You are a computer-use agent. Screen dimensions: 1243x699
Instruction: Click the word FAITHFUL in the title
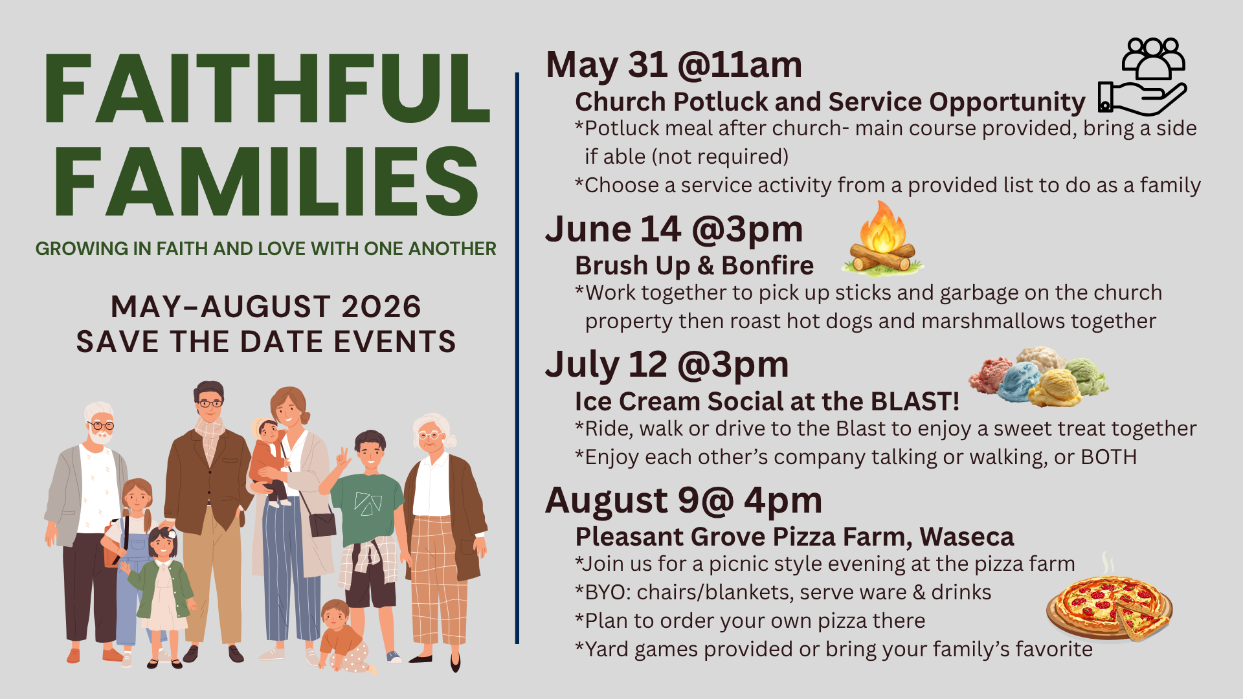coord(266,89)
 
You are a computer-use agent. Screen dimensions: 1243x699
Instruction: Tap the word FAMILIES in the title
coord(266,182)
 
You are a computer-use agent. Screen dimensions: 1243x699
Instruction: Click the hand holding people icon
coord(1143,76)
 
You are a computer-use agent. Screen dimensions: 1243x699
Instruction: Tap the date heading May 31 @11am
coord(674,65)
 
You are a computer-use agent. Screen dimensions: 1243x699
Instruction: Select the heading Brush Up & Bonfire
coord(694,265)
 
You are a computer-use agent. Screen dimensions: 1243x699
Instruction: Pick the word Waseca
coord(967,537)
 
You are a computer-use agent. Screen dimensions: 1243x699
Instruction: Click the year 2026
coord(381,307)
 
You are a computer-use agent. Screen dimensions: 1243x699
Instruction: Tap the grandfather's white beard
coord(100,437)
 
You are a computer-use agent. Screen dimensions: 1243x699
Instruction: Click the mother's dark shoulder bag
coord(322,523)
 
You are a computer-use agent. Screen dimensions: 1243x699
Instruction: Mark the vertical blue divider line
coord(517,358)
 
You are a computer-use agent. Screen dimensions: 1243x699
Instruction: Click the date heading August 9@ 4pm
coord(684,500)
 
